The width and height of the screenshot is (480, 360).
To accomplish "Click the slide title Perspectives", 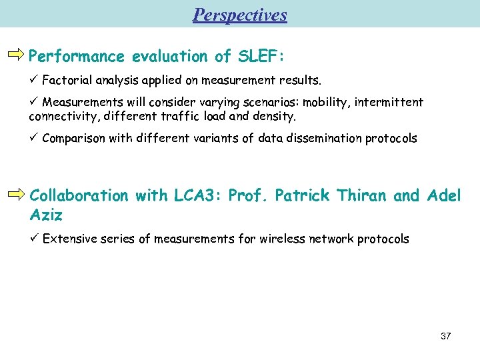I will point(240,15).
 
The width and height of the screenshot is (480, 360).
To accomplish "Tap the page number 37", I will point(445,336).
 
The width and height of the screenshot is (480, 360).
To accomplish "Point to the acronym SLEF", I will point(257,56).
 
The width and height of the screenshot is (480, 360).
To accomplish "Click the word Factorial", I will point(67,81).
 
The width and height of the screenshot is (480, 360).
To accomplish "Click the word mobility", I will point(327,102).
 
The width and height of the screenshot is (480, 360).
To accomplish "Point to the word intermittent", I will point(389,102).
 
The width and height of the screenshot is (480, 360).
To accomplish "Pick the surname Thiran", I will point(362,195).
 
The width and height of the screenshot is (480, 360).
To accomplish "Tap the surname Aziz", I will point(46,215).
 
